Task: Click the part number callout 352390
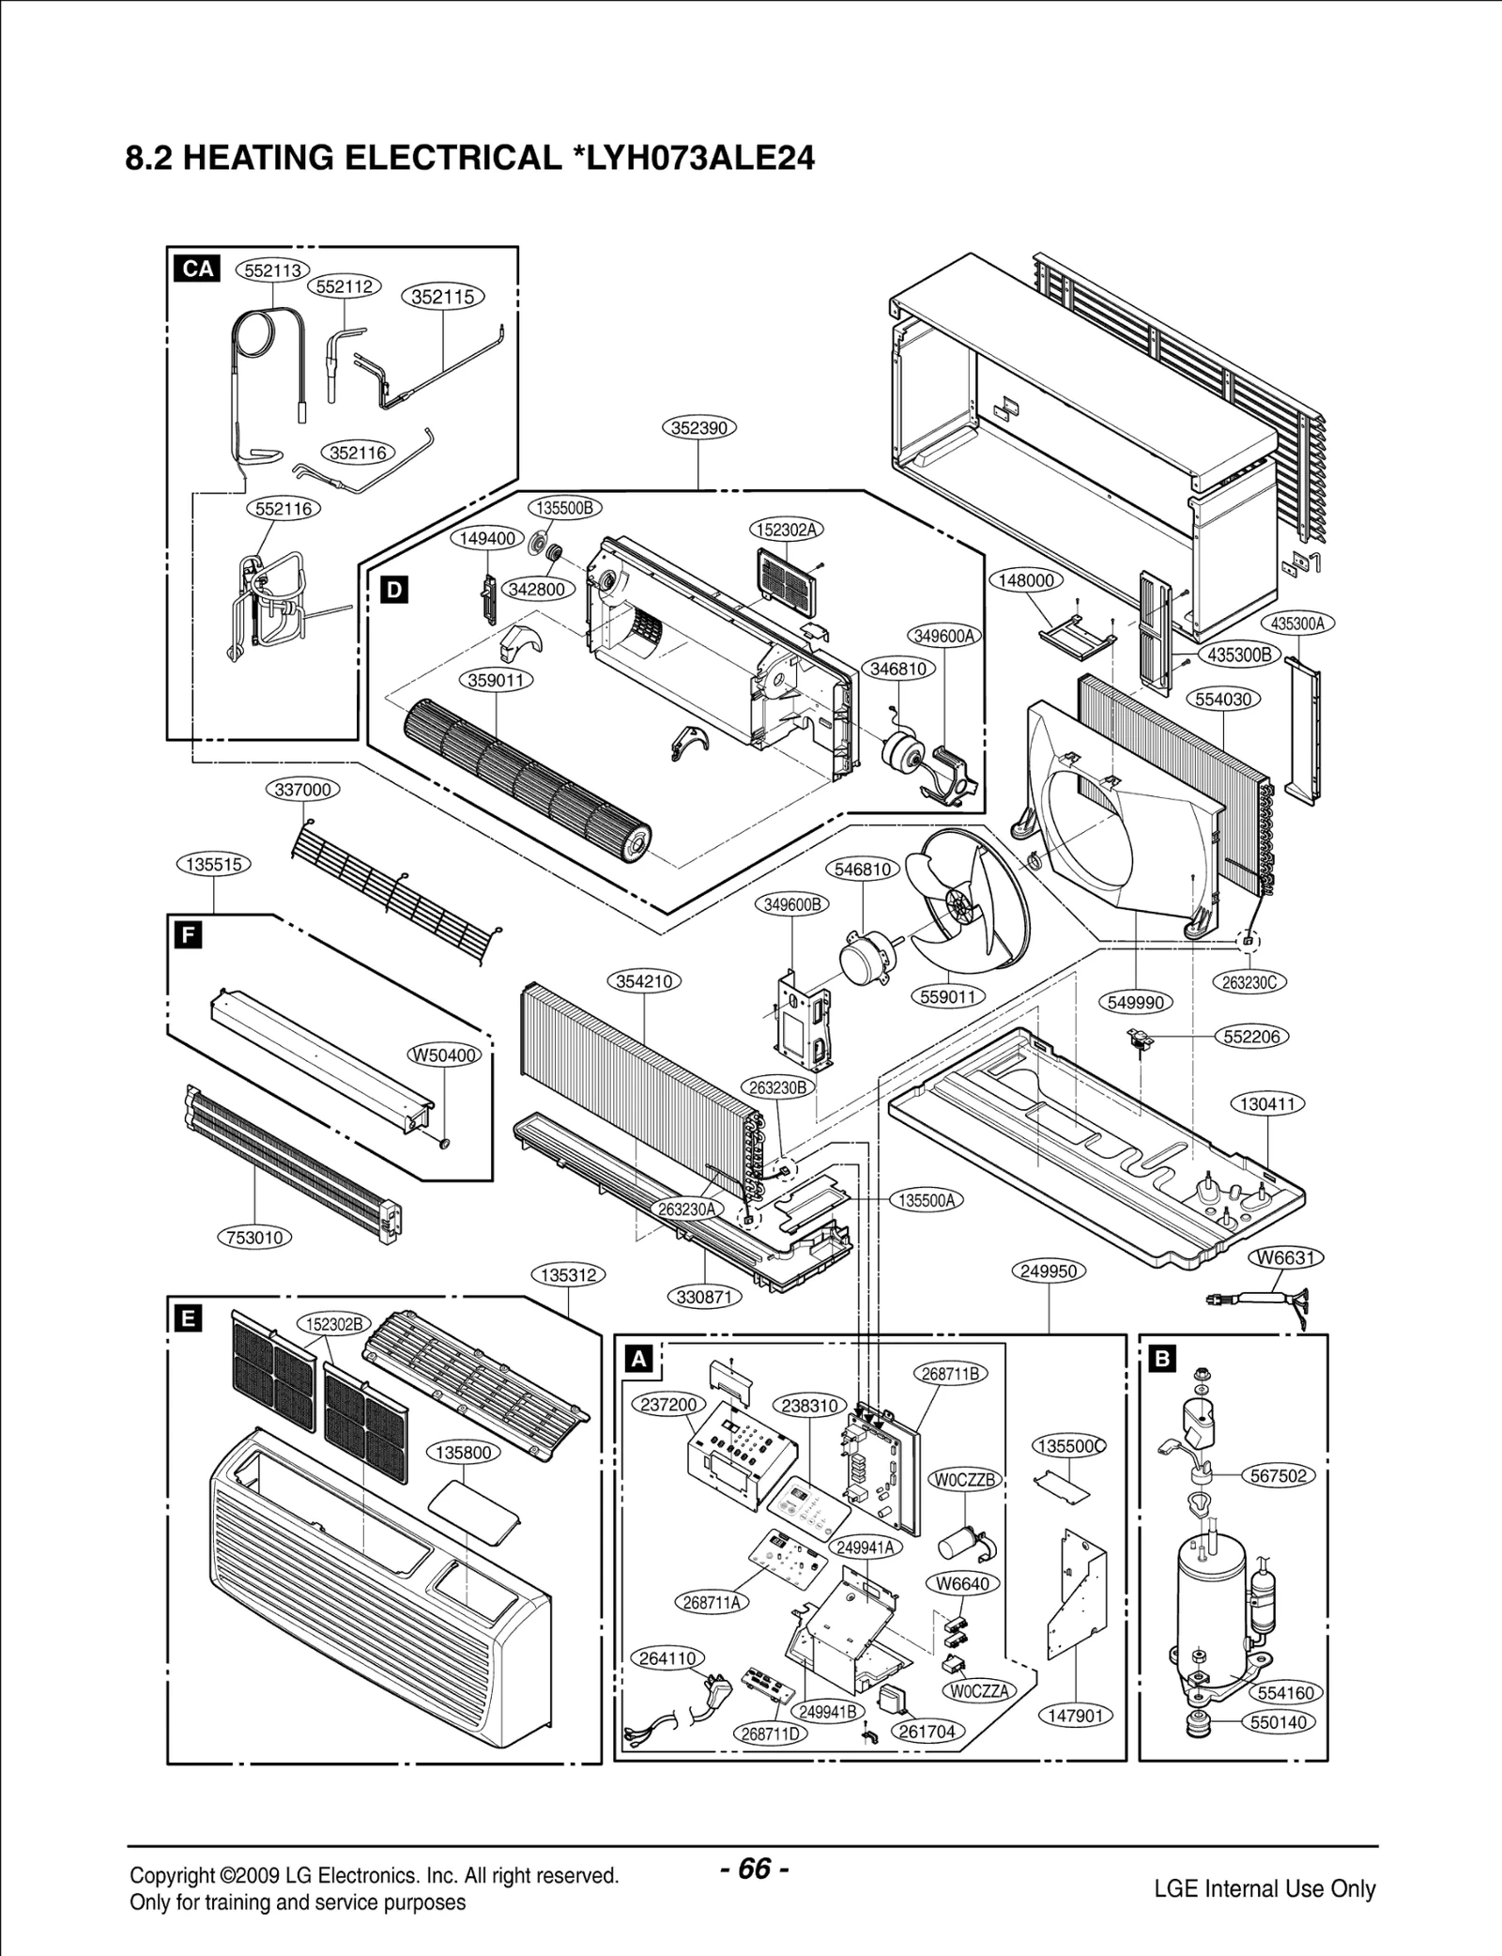tap(698, 427)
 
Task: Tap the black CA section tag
tap(197, 270)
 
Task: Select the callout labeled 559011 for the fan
tap(949, 996)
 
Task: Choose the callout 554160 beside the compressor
tap(1284, 1692)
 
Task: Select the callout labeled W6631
tap(1285, 1257)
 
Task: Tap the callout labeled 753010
tap(254, 1237)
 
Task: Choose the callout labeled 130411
tap(1268, 1103)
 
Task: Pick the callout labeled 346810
tap(898, 669)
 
